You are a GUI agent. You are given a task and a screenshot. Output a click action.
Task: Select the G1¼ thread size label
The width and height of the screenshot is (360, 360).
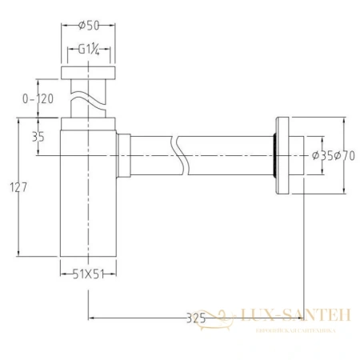88,49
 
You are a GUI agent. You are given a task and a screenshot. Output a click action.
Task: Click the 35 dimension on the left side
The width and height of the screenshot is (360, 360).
38,137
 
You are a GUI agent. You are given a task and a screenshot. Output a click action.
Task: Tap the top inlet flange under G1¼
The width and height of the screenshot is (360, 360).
88,74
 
